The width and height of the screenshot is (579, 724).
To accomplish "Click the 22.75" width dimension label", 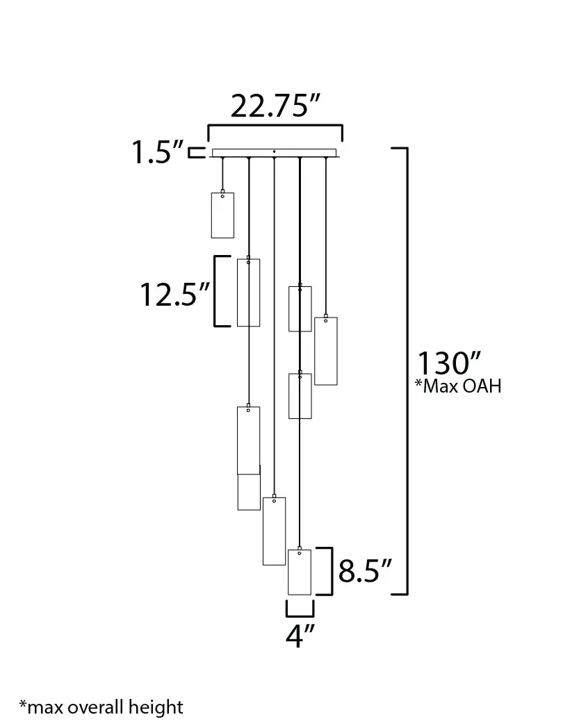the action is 275,106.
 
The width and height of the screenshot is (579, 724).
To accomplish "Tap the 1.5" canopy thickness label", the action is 158,152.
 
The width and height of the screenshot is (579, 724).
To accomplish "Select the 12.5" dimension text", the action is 174,295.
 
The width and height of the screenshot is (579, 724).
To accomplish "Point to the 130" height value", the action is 449,363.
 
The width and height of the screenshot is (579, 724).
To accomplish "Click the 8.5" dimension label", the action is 365,570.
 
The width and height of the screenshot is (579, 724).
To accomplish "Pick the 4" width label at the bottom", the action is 300,635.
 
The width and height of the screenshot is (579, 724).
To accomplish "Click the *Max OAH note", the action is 458,386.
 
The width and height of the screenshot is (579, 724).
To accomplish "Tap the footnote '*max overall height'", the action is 101,707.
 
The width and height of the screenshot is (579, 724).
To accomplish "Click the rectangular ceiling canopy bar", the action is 274,153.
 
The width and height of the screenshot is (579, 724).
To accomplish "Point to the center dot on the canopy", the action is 274,151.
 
